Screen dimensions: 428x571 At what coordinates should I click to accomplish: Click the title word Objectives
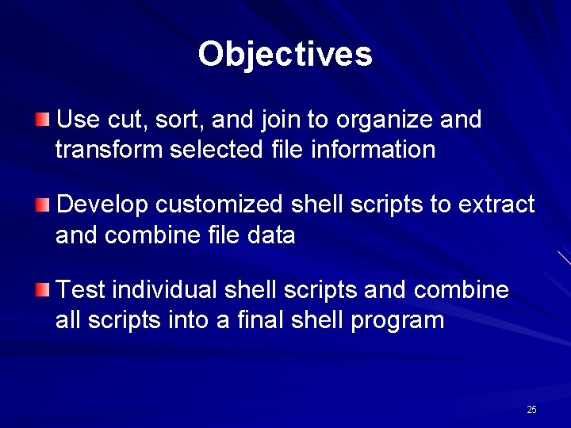(x=285, y=55)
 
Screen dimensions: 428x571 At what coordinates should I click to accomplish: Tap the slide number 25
(x=531, y=410)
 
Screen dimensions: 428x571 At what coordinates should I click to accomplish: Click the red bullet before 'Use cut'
(x=42, y=120)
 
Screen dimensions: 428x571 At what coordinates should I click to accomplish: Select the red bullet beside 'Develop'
(x=42, y=205)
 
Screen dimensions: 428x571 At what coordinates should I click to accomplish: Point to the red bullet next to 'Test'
(x=42, y=291)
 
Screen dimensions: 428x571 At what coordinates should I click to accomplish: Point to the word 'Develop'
(x=103, y=205)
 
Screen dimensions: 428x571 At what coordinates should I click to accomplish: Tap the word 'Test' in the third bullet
(x=82, y=291)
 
